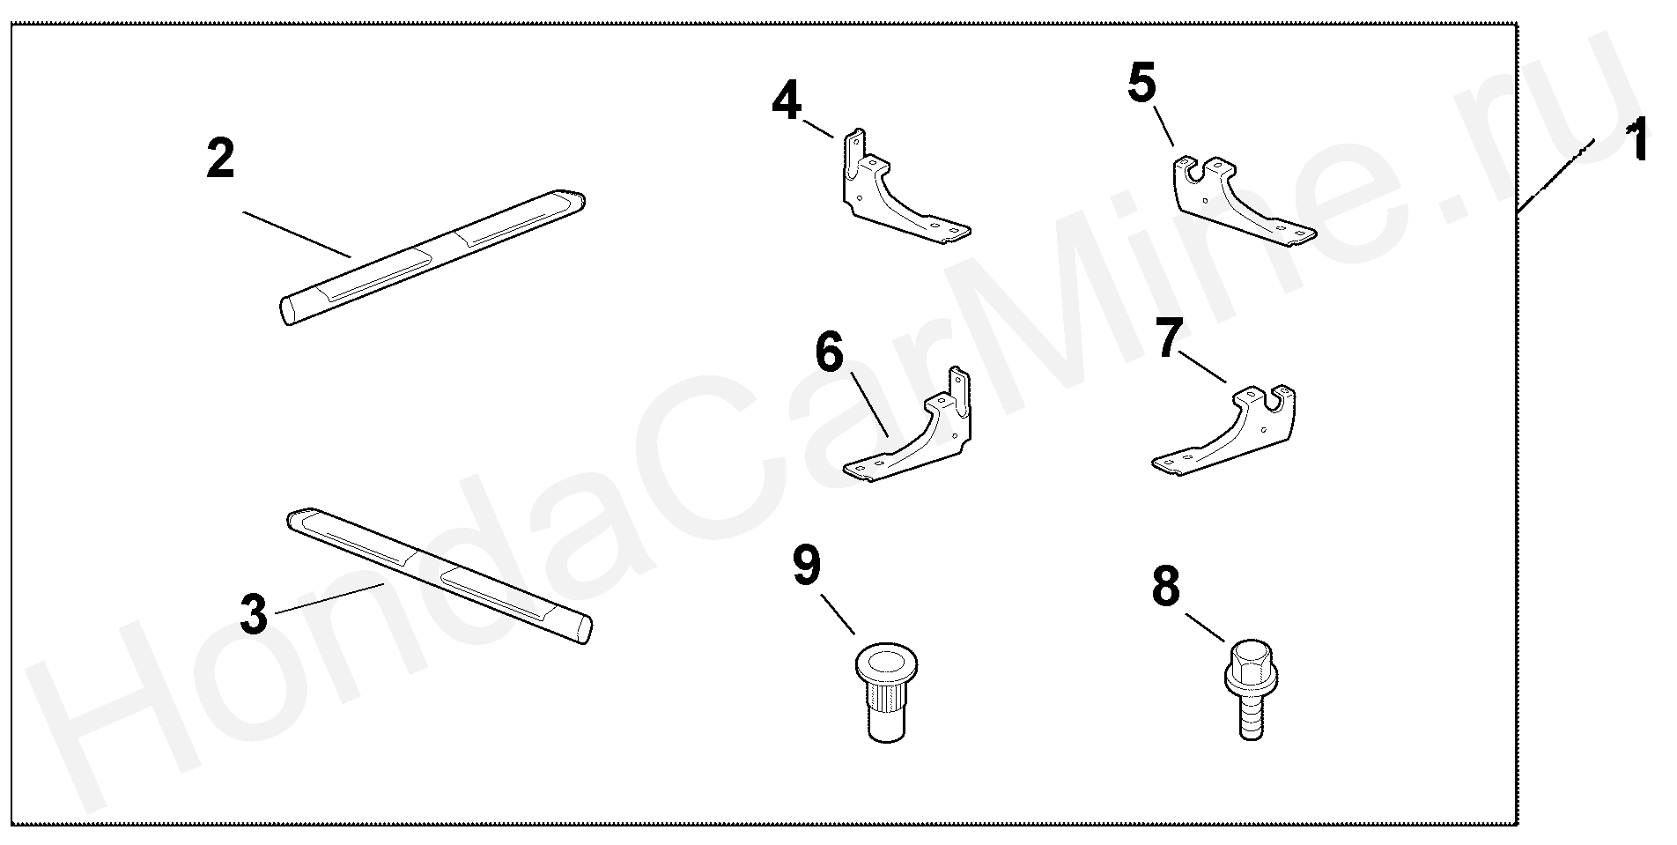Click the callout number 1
1636,143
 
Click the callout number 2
220,159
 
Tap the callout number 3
254,614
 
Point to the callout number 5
1142,85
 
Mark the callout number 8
1166,587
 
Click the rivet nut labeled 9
885,690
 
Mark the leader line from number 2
297,233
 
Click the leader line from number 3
329,597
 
